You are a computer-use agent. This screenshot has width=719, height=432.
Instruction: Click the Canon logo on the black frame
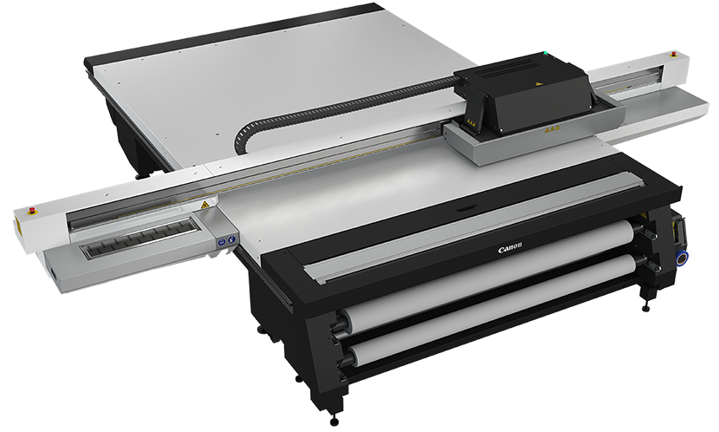point(510,248)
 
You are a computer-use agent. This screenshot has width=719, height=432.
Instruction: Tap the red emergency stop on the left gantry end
point(33,211)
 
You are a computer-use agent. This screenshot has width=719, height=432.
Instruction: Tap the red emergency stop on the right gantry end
point(674,54)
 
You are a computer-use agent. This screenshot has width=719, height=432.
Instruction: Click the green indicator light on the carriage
point(545,53)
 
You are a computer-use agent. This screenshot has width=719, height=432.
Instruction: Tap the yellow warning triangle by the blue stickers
point(204,204)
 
